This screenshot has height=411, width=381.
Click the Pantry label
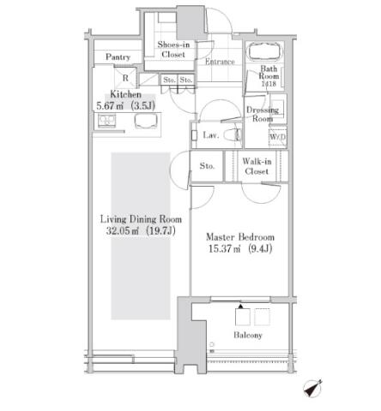click(x=118, y=57)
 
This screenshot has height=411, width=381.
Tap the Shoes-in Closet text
click(x=173, y=50)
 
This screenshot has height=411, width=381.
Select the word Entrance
click(x=220, y=62)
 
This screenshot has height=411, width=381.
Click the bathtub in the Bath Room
click(x=264, y=51)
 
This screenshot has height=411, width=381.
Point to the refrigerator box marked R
click(x=125, y=78)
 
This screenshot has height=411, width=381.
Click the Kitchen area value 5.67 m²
click(x=110, y=106)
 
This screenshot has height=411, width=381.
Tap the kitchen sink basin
click(x=146, y=121)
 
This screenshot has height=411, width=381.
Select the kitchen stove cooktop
click(x=107, y=121)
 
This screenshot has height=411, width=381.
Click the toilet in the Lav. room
click(x=232, y=135)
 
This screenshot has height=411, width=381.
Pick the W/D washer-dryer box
click(x=277, y=137)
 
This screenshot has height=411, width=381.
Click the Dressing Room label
click(x=263, y=114)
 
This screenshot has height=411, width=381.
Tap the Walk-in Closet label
click(x=257, y=166)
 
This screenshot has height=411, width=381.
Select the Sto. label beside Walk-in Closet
click(x=207, y=166)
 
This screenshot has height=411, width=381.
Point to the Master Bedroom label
click(x=240, y=237)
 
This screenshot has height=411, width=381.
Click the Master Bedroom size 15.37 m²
click(x=225, y=249)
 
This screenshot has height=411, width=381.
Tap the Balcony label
click(x=248, y=335)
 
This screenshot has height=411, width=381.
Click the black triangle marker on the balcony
click(x=240, y=307)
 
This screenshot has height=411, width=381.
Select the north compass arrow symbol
click(x=312, y=389)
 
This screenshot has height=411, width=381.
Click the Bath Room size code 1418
click(x=269, y=84)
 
